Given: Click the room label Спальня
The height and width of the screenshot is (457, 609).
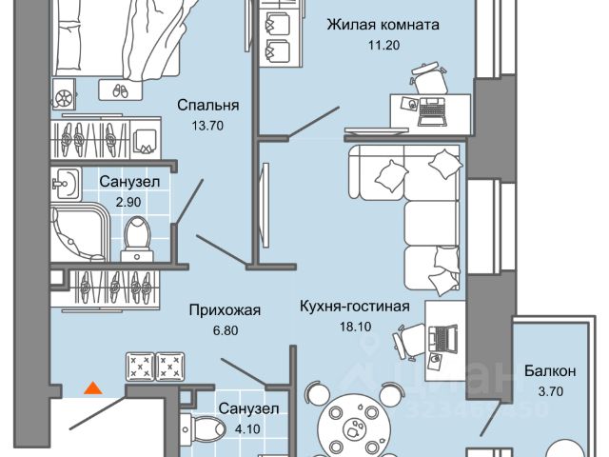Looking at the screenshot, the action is [x=207, y=106].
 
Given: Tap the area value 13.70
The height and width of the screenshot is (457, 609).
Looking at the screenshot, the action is [x=207, y=124].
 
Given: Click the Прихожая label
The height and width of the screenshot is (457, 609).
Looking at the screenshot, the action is [x=214, y=309].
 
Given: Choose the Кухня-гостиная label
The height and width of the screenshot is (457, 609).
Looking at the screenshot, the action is [x=353, y=307].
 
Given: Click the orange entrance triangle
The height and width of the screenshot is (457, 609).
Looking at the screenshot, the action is [x=92, y=387].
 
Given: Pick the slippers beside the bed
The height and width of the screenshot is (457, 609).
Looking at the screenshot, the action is [x=118, y=90].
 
